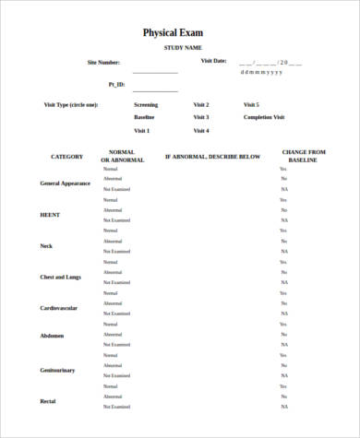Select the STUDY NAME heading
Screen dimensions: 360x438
[183, 47]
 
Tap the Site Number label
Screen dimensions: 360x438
[103, 62]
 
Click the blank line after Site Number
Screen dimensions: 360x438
[155, 72]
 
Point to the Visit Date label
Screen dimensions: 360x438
[213, 61]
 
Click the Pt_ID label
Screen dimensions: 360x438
[115, 84]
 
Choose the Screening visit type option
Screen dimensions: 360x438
[146, 104]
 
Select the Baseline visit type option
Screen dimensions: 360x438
[145, 117]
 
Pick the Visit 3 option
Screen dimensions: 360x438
[201, 117]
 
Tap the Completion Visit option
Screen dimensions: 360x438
[264, 117]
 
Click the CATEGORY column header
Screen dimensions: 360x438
[66, 156]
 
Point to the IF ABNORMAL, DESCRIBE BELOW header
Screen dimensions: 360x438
[212, 157]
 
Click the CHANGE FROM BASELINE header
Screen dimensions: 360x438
[304, 156]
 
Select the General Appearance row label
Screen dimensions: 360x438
[65, 183]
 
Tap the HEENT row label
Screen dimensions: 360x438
[50, 215]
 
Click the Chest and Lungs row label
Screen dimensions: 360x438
[60, 277]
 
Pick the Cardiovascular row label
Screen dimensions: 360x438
[58, 308]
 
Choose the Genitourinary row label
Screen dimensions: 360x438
[57, 370]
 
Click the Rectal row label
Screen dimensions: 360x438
[48, 401]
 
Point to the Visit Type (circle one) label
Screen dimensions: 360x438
[71, 104]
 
